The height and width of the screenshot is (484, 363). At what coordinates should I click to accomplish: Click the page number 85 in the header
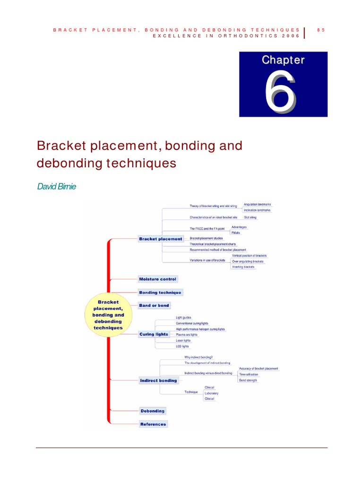pos(321,30)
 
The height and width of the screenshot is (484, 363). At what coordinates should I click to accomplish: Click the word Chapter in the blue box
pos(283,60)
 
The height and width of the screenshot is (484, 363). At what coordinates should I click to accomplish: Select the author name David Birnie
pos(56,187)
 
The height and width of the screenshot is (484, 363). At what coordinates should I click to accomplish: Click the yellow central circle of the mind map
pos(108,314)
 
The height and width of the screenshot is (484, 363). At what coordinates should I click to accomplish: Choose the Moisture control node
pos(157,279)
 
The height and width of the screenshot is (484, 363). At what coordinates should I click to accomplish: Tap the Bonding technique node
pos(160,293)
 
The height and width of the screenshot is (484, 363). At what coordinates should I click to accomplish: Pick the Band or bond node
pos(154,305)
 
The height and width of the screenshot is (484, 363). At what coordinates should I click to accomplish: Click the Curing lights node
pos(154,334)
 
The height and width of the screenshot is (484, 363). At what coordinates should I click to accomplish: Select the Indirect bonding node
pos(158,380)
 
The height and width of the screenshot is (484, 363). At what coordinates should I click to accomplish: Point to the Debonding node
pos(152,411)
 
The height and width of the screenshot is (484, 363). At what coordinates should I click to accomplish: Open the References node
pos(153,424)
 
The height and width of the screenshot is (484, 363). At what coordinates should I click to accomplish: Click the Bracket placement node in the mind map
pos(160,239)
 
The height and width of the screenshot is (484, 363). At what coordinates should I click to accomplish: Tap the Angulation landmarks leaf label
pos(257,204)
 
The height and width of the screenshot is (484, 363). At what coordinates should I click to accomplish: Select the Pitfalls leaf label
pos(235,233)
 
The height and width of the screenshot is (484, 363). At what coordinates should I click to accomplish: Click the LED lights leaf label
pos(182,346)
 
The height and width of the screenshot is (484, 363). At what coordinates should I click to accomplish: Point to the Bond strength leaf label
pos(248,380)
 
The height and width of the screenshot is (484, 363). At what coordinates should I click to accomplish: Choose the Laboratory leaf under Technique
pos(211,393)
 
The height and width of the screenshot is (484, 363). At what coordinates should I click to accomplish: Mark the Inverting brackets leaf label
pos(243,267)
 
